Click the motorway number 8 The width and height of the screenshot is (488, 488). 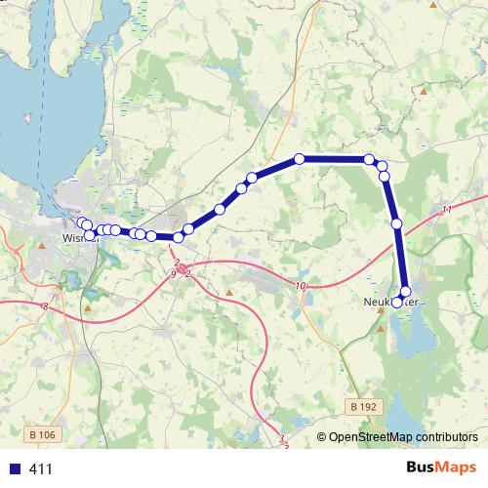click(x=45, y=306)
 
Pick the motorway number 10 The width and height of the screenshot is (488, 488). click(x=300, y=286)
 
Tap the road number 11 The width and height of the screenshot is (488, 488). click(x=446, y=210)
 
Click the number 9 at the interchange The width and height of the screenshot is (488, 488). click(x=173, y=275)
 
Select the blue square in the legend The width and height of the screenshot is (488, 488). click(x=14, y=468)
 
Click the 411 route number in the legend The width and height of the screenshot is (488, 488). click(x=41, y=468)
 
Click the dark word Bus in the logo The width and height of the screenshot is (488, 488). click(x=422, y=468)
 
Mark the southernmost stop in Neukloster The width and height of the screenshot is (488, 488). click(x=398, y=300)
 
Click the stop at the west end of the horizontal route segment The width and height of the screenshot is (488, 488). click(x=300, y=158)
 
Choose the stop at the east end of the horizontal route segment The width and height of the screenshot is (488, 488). click(x=369, y=159)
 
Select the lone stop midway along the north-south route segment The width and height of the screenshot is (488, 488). click(x=397, y=224)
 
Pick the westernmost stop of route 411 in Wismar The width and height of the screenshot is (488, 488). click(x=82, y=223)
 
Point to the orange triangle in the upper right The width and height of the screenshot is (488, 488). click(x=426, y=92)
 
